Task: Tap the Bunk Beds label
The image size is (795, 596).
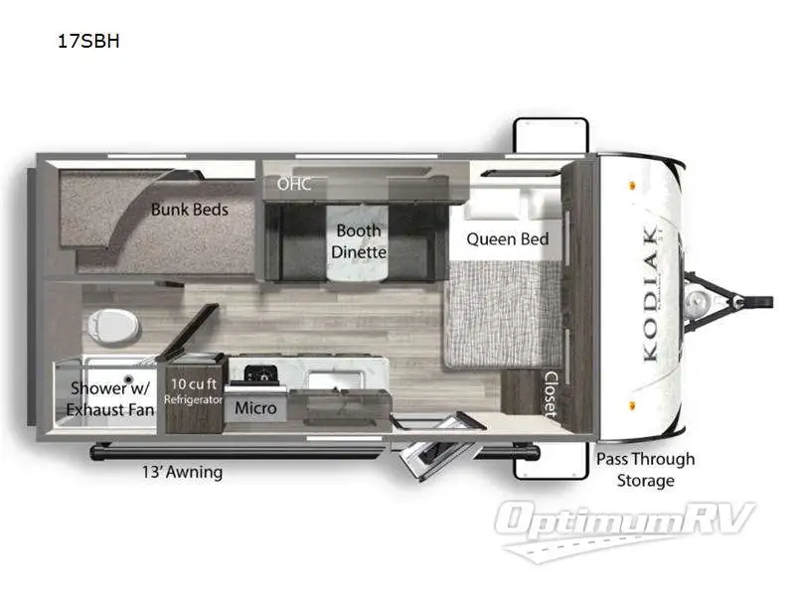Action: click(x=189, y=210)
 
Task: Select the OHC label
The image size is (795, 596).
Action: click(x=294, y=184)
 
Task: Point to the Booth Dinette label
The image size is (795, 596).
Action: click(x=359, y=241)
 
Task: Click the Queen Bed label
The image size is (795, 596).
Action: click(x=507, y=238)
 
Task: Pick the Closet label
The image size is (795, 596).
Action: click(x=550, y=395)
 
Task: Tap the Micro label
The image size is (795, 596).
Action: click(x=255, y=408)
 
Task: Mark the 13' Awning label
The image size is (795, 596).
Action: click(x=183, y=473)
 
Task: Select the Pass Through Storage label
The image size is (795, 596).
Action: click(x=645, y=470)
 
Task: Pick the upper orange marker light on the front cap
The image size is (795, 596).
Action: click(x=632, y=184)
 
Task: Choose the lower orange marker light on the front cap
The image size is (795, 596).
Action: click(x=632, y=405)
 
